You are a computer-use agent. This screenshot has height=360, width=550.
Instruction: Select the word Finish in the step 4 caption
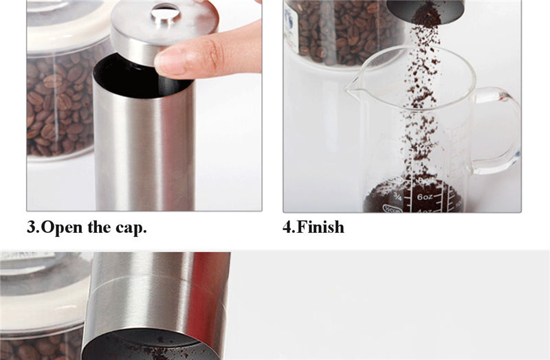pyautogui.click(x=320, y=227)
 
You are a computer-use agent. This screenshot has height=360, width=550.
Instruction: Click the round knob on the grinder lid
pyautogui.click(x=165, y=13)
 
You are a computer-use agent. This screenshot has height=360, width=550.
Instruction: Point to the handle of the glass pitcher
pyautogui.click(x=498, y=131)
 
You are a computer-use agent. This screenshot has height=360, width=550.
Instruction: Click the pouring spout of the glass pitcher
pyautogui.click(x=353, y=88)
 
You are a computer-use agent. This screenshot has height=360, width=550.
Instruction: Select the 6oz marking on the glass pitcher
pyautogui.click(x=425, y=197)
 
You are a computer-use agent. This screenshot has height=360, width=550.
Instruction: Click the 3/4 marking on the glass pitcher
pyautogui.click(x=397, y=196)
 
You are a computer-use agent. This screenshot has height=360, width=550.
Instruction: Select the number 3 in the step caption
pyautogui.click(x=32, y=227)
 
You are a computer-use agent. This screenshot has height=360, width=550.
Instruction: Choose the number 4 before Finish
pyautogui.click(x=287, y=227)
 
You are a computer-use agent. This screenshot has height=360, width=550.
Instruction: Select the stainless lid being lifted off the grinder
pyautogui.click(x=165, y=30)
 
